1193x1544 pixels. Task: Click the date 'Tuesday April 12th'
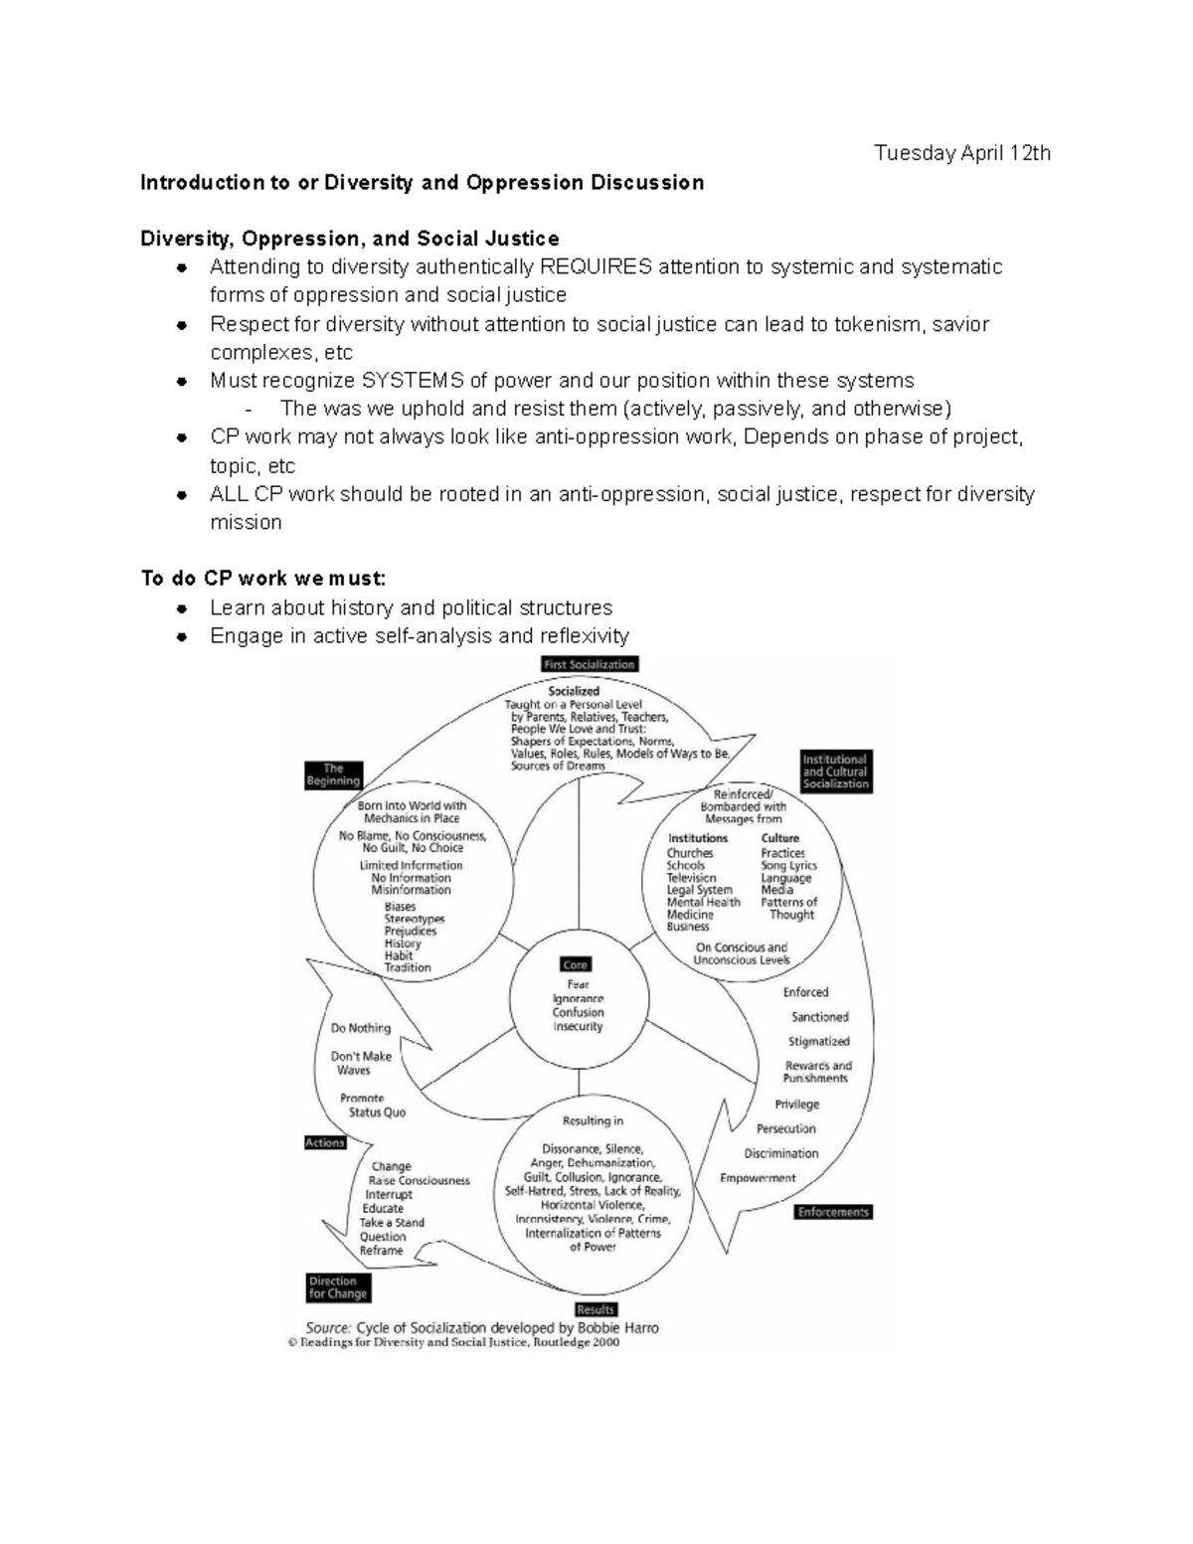pos(961,153)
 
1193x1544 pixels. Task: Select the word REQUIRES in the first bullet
pos(596,266)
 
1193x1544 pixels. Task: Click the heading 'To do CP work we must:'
pos(262,579)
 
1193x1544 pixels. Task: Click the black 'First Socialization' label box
pos(589,664)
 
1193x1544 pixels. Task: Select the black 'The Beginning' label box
pos(333,774)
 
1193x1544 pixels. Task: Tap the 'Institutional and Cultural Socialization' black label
pos(835,772)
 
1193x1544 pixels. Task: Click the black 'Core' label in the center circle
pos(576,964)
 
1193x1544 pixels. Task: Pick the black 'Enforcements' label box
pos(833,1212)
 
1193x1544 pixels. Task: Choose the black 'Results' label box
pos(596,1309)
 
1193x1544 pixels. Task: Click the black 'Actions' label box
pos(324,1142)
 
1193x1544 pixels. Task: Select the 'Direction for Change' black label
pos(338,1287)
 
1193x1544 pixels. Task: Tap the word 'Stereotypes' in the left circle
pos(415,920)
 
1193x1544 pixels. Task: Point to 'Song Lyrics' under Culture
pos(788,866)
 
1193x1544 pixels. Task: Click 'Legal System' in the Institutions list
pos(699,890)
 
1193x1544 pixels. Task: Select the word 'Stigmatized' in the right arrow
pos(818,1042)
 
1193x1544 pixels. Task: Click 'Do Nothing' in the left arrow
pos(361,1028)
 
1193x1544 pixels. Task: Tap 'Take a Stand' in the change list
pos(392,1223)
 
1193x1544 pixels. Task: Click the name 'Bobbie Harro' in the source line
pos(617,1327)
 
